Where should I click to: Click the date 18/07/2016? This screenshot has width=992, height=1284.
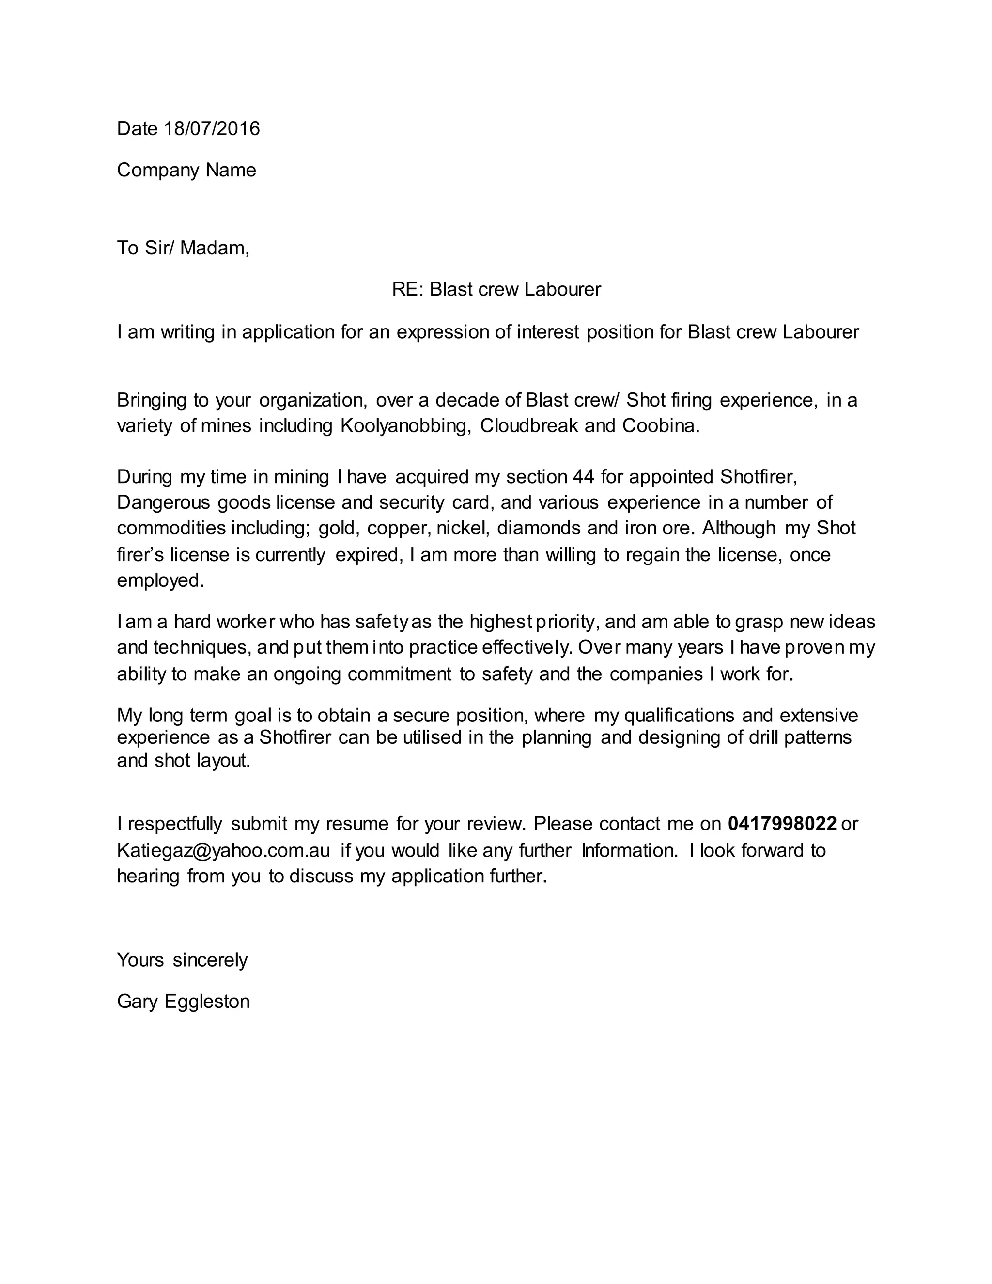[212, 128]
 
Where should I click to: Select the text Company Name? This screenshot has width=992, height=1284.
[186, 170]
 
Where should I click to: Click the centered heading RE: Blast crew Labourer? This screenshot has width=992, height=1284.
[496, 289]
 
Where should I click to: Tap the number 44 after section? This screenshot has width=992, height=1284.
[583, 476]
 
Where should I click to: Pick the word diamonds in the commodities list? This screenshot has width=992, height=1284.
[539, 528]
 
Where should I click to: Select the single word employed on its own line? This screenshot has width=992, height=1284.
[160, 580]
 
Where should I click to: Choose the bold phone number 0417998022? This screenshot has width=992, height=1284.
[782, 824]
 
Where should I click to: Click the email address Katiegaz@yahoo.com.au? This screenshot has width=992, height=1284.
[223, 851]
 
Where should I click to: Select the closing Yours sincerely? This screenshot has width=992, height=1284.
[182, 960]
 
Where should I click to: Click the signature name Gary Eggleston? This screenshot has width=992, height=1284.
[184, 1001]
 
